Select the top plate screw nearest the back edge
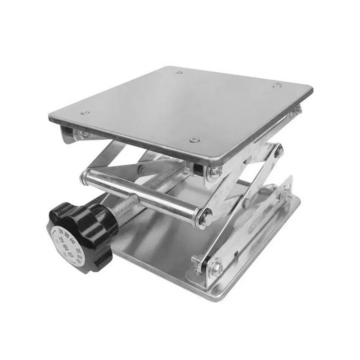(x=179, y=72)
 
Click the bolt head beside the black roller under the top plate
(x=216, y=171)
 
